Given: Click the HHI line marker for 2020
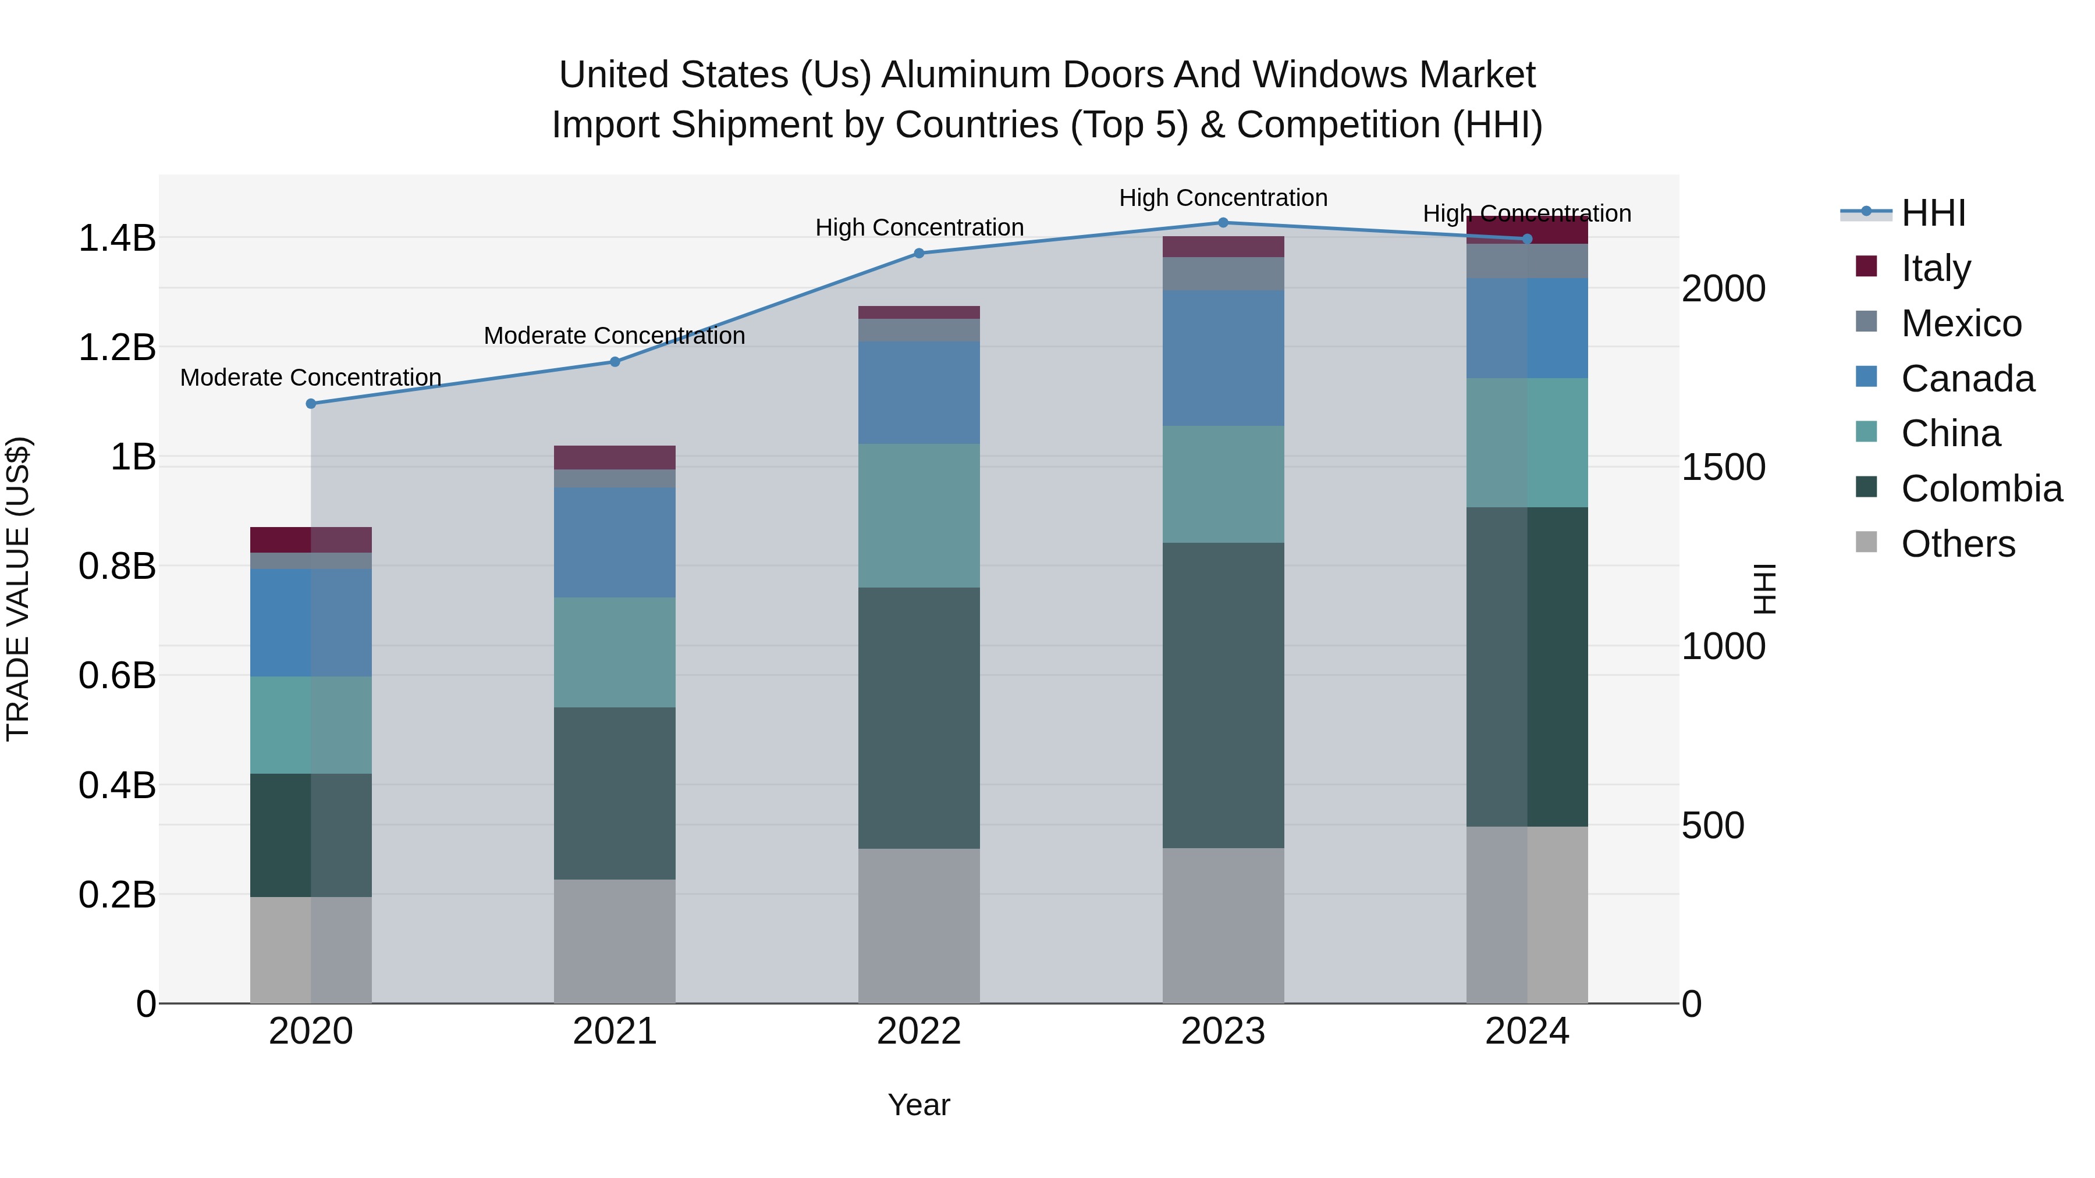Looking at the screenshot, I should click(x=311, y=403).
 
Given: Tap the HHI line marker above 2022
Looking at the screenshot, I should click(x=919, y=253).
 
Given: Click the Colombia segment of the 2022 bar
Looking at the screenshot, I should click(x=919, y=718).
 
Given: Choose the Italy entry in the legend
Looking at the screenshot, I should click(x=1936, y=268).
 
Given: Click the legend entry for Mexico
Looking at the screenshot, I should click(x=1961, y=323).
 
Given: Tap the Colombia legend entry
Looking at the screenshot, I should click(x=1981, y=489).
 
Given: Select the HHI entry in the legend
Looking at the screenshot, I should click(x=1932, y=212).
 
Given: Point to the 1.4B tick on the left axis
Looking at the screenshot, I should click(x=116, y=238).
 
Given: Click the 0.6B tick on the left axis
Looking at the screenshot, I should click(x=116, y=675).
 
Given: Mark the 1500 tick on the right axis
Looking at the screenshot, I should click(x=1723, y=468).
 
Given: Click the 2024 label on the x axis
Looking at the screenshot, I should click(x=1526, y=1031).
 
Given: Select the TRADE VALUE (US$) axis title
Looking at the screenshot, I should click(x=18, y=589).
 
